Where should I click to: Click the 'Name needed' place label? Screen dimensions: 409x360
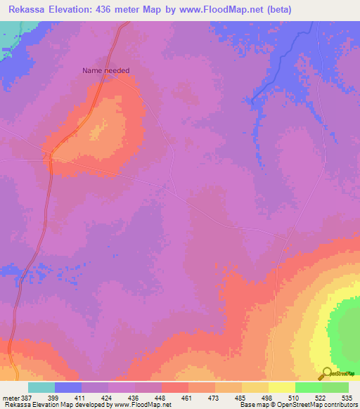[x=106, y=70]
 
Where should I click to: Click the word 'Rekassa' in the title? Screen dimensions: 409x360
[x=27, y=11]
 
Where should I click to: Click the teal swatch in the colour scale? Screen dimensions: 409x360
[x=41, y=387]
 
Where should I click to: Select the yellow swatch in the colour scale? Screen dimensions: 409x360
[x=281, y=387]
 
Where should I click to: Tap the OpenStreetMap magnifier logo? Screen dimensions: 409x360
[x=326, y=373]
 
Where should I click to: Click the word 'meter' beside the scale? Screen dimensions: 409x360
[x=10, y=397]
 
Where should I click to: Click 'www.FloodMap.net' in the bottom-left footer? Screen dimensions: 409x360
[x=143, y=405]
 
